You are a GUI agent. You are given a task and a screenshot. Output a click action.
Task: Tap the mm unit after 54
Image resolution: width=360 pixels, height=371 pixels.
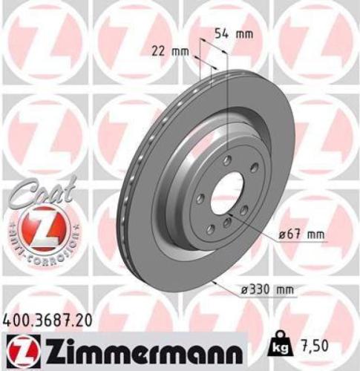(x=244, y=34)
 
